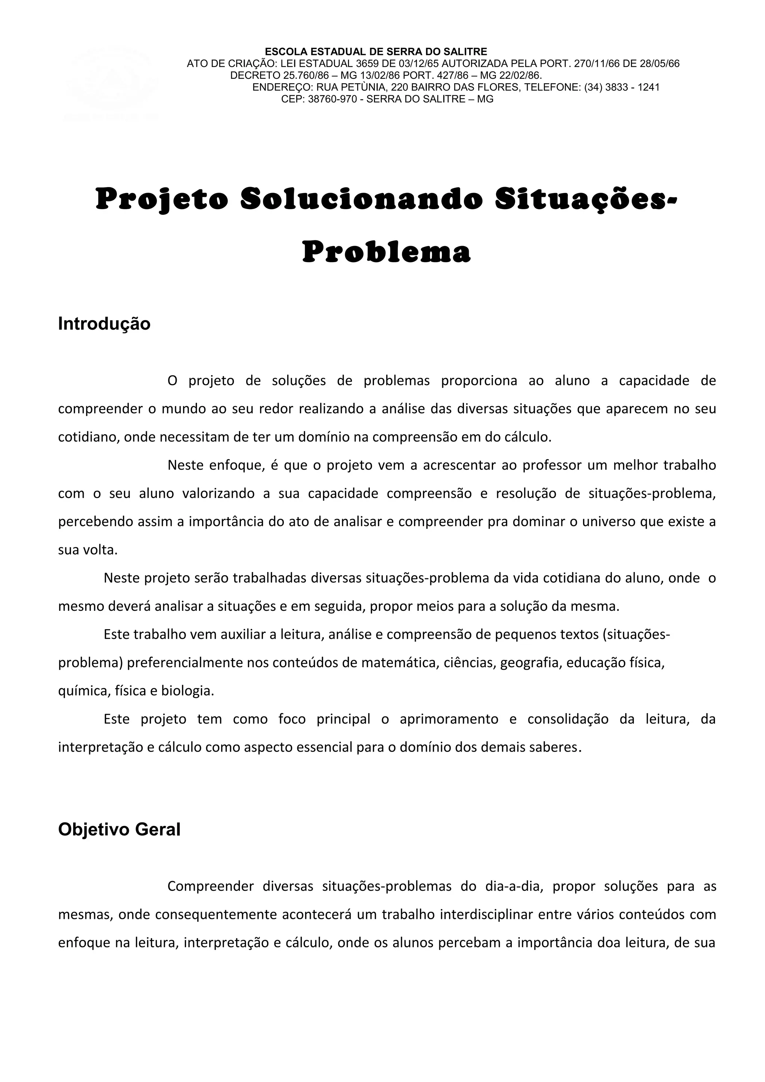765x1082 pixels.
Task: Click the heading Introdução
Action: pos(104,324)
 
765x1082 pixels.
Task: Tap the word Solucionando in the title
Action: pos(362,199)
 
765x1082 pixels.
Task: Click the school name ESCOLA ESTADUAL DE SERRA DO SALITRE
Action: pos(376,52)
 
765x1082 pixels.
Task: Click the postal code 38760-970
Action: pos(332,99)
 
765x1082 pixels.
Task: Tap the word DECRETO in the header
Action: pos(255,75)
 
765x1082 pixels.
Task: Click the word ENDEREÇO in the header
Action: pos(283,87)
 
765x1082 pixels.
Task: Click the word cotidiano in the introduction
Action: pos(87,437)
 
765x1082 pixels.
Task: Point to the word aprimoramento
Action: pos(449,719)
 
